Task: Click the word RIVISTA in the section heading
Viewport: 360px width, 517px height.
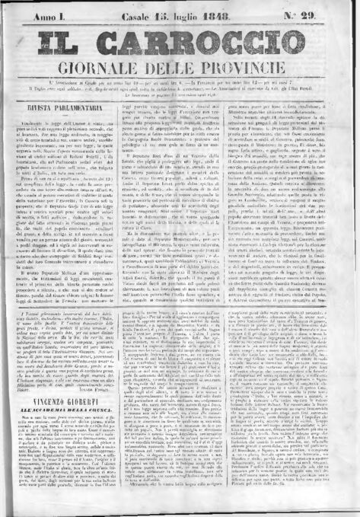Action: (53, 139)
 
